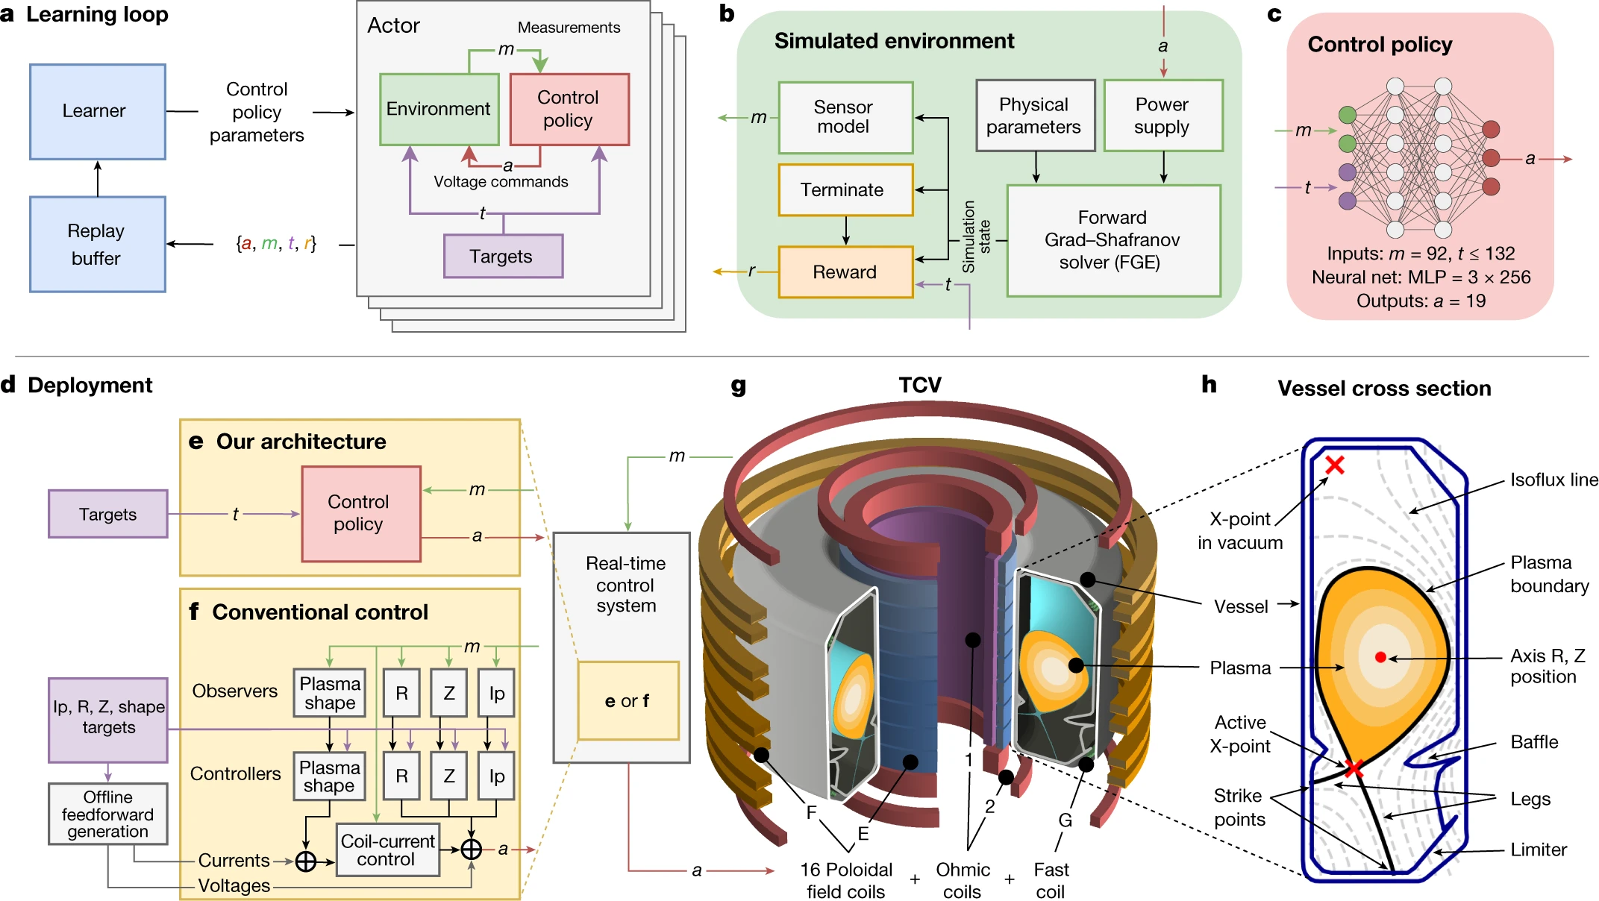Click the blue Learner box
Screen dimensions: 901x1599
(97, 112)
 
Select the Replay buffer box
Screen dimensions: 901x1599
(97, 244)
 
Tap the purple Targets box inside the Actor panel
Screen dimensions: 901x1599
(503, 257)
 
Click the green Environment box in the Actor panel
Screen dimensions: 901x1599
(439, 110)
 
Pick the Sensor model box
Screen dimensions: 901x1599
(845, 117)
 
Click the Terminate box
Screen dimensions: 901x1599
(845, 190)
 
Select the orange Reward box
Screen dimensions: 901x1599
(845, 272)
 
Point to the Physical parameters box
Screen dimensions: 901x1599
(1034, 116)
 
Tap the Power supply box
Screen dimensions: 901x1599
(1163, 116)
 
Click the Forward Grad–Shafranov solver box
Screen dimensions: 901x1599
(1113, 240)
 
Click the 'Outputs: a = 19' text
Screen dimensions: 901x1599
(1420, 301)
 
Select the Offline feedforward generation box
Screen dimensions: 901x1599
(107, 814)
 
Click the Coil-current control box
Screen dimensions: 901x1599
(387, 850)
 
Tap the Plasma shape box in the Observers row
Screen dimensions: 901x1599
(329, 693)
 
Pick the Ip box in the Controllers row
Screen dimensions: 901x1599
(496, 776)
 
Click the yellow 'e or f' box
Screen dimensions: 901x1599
(628, 701)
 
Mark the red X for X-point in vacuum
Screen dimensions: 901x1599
(1335, 465)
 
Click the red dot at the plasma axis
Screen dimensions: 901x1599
(1380, 657)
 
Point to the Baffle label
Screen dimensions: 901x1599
(1533, 742)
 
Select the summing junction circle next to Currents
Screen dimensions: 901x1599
(306, 861)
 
